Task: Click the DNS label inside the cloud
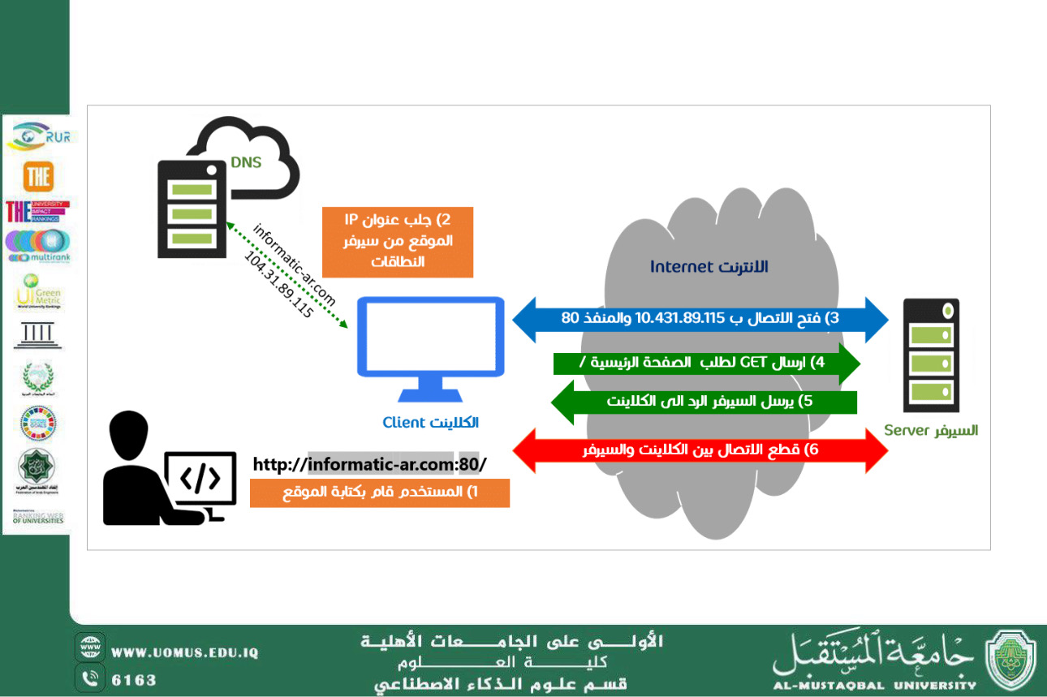pyautogui.click(x=245, y=162)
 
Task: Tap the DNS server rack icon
pyautogui.click(x=192, y=209)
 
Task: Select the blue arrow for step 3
pyautogui.click(x=700, y=318)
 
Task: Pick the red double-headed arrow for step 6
pyautogui.click(x=700, y=450)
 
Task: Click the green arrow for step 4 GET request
pyautogui.click(x=705, y=363)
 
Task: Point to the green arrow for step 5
pyautogui.click(x=704, y=402)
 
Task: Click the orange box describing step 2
pyautogui.click(x=397, y=241)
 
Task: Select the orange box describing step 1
pyautogui.click(x=379, y=493)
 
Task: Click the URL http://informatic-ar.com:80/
pyautogui.click(x=369, y=465)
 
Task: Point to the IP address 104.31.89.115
pyautogui.click(x=278, y=283)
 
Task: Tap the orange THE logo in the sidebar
pyautogui.click(x=38, y=176)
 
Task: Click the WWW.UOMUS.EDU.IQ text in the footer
pyautogui.click(x=184, y=652)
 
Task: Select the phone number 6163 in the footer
pyautogui.click(x=134, y=679)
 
